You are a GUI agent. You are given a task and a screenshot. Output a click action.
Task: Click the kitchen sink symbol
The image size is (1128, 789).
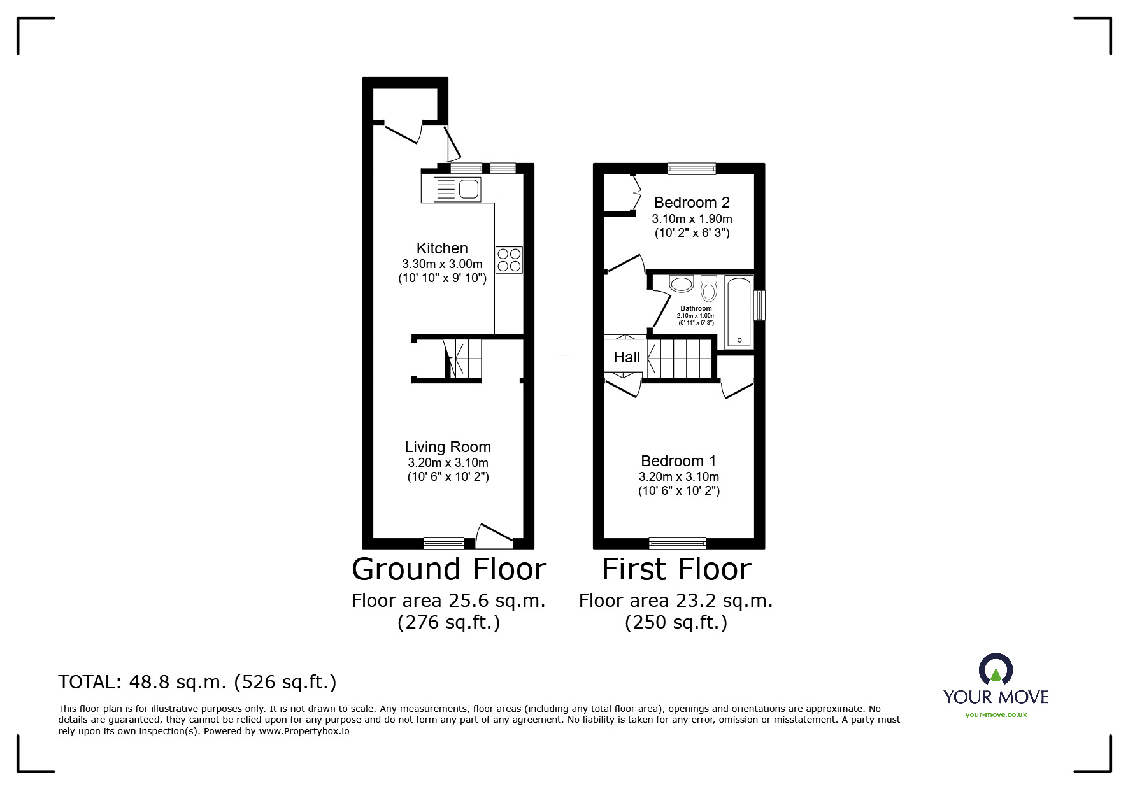tap(457, 190)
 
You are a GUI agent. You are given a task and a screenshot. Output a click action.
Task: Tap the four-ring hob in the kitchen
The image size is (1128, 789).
tap(509, 260)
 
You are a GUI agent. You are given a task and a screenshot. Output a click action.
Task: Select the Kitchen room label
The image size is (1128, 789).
tap(442, 248)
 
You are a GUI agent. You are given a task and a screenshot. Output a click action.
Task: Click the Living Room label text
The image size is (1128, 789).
tap(448, 447)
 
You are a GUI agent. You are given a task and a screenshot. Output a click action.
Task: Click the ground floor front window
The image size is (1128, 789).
tap(444, 543)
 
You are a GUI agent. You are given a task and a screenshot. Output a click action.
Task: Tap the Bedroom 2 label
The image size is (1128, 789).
tap(692, 203)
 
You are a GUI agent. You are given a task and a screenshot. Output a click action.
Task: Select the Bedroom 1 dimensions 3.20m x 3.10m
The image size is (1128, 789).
tap(679, 477)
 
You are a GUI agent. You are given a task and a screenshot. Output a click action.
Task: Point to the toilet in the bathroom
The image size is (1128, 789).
tap(709, 290)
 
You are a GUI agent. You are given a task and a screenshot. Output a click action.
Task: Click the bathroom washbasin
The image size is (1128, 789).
tap(682, 284)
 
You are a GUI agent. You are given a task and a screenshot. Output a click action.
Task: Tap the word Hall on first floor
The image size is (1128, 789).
tap(627, 357)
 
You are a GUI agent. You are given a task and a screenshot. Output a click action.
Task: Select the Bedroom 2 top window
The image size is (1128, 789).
tap(692, 169)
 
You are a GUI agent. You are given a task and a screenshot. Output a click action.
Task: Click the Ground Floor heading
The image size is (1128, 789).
tap(449, 569)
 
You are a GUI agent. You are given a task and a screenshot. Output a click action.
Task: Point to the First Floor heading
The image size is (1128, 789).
tap(676, 569)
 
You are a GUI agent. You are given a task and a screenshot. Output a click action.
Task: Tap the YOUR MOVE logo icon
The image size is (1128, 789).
tap(996, 671)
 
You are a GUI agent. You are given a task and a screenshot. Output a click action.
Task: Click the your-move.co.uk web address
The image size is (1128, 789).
tap(996, 714)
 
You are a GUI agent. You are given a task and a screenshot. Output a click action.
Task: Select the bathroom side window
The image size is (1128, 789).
tap(759, 306)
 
